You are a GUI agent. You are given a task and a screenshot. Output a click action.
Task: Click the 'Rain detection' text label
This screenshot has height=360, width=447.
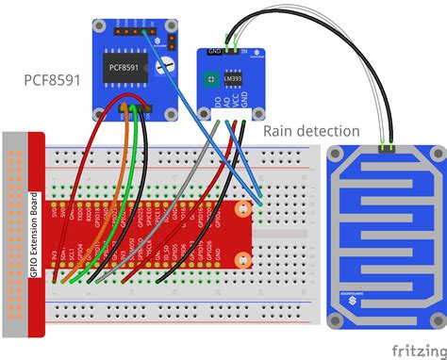click(x=310, y=130)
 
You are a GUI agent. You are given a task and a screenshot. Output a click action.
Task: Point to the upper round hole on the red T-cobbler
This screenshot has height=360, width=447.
click(x=243, y=208)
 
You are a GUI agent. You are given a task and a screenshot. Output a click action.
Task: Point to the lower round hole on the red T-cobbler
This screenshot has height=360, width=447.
click(x=243, y=265)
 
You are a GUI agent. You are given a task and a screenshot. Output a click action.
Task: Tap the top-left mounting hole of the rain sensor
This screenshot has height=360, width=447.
click(x=339, y=154)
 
